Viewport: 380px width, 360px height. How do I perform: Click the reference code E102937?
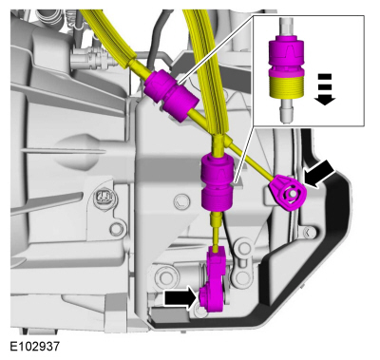click(34, 346)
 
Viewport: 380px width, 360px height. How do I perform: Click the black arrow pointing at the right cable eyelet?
click(319, 174)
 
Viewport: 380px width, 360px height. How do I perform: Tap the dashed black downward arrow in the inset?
click(325, 89)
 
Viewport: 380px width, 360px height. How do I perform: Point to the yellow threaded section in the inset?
click(287, 86)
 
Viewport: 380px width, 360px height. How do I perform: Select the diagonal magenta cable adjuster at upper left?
click(171, 95)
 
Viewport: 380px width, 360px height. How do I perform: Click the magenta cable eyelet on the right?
click(288, 193)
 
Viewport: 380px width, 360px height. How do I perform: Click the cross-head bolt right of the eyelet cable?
click(309, 232)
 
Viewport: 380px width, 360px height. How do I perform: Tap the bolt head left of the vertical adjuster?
click(180, 200)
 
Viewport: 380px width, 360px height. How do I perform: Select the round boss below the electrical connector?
click(117, 227)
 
